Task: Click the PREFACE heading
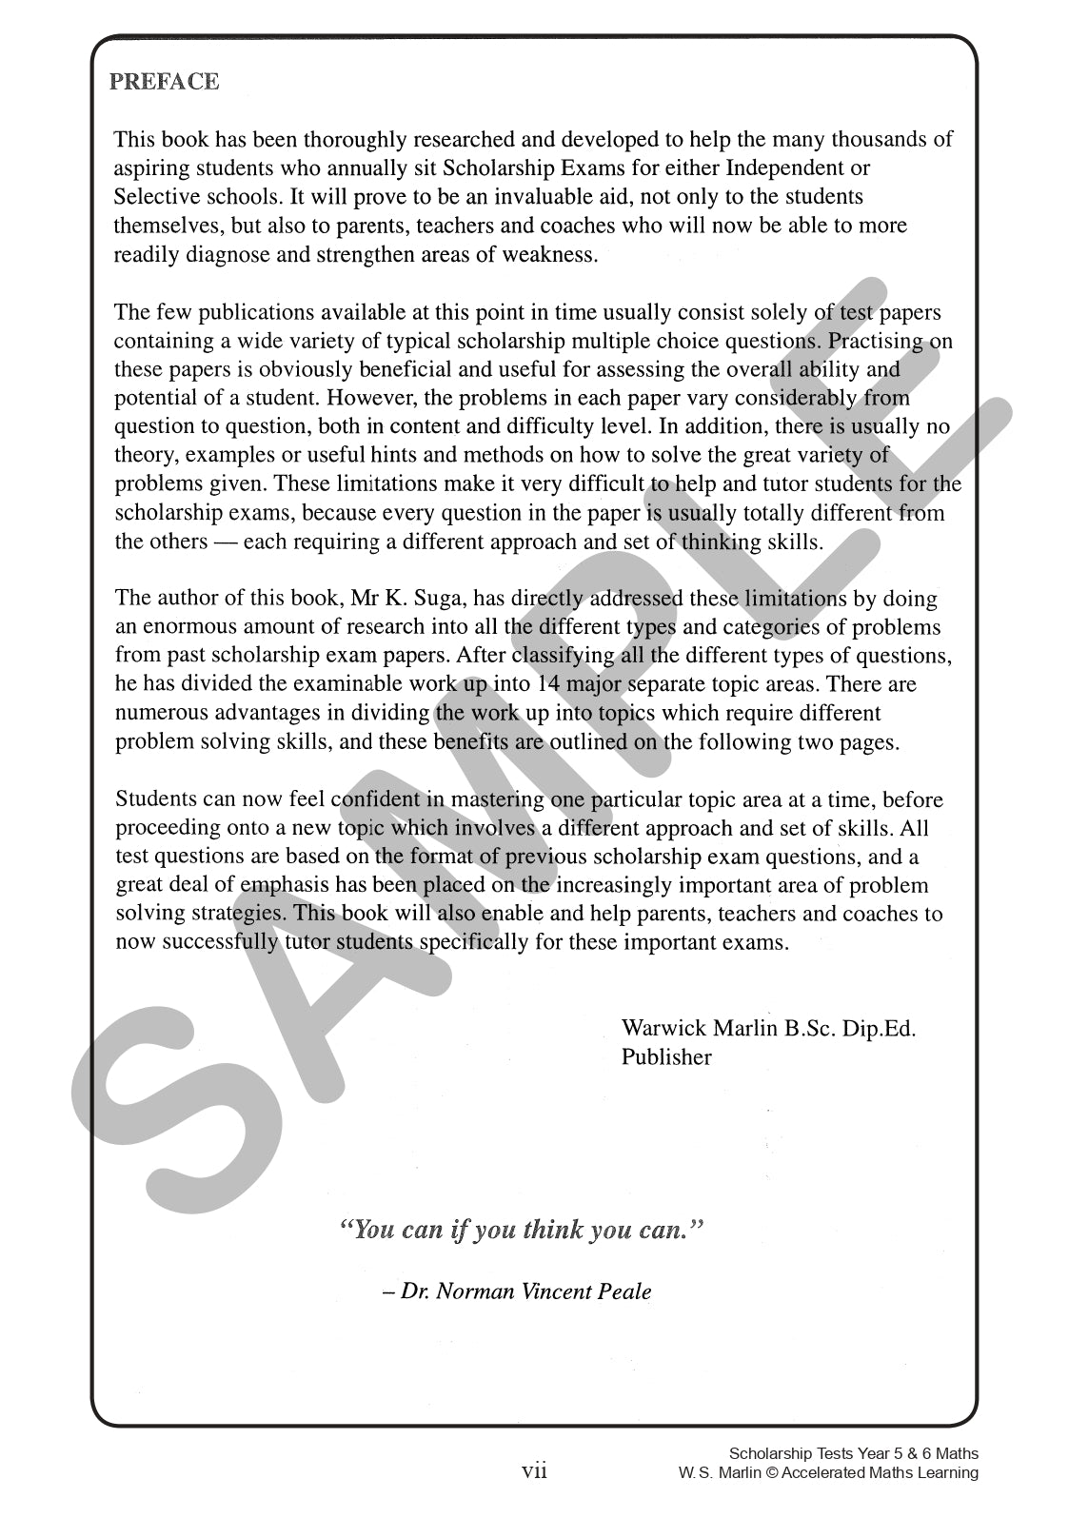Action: tap(164, 82)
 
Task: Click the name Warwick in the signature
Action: tap(661, 1028)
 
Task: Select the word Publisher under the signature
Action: tap(666, 1056)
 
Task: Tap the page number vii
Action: tap(534, 1471)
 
